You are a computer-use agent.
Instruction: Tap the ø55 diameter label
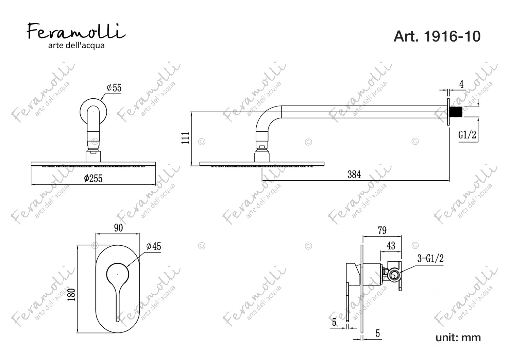click(114, 88)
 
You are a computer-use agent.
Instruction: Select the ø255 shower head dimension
click(93, 178)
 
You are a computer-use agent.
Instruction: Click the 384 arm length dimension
click(354, 175)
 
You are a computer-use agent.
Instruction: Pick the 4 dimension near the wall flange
click(461, 84)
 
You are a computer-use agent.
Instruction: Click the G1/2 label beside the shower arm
click(467, 135)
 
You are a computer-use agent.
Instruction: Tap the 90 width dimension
click(118, 228)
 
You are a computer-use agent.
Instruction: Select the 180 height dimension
click(72, 294)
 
